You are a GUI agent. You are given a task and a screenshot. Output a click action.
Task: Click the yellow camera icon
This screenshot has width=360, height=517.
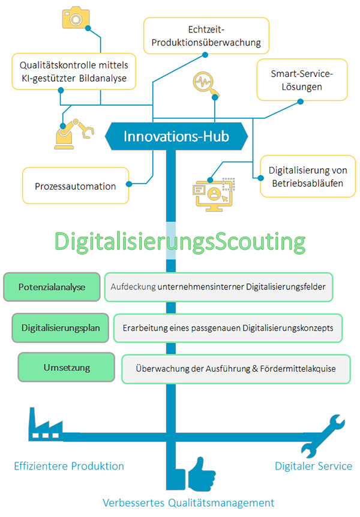point(76,17)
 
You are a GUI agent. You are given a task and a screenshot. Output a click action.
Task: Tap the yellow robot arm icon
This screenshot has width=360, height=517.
point(74,134)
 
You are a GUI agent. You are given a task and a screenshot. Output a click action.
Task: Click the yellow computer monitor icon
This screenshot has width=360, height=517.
point(214,195)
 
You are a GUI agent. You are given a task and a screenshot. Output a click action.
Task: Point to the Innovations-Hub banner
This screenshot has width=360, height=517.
point(176,136)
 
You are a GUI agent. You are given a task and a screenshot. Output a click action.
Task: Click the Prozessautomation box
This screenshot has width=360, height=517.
point(76,186)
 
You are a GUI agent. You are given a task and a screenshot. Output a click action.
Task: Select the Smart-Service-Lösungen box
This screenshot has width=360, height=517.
point(302,80)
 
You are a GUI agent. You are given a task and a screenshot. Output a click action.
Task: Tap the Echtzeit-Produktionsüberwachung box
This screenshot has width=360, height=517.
point(206,35)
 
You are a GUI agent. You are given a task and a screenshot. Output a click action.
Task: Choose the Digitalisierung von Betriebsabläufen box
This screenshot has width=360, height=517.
point(308,177)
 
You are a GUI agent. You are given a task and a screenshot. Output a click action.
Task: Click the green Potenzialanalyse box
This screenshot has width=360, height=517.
point(52,287)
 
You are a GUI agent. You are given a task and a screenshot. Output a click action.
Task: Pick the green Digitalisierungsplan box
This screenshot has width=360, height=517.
point(61,328)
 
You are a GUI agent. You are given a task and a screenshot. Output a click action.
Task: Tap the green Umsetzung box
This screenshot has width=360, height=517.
point(67,367)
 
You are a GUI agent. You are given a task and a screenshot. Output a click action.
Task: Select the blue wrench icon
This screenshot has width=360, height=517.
point(323,436)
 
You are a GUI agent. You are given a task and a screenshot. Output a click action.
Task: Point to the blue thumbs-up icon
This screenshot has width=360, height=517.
point(201,474)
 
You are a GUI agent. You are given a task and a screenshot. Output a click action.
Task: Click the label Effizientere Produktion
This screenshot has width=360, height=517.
point(69,466)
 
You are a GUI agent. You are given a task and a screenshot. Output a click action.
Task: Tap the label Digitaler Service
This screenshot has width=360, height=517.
point(314,466)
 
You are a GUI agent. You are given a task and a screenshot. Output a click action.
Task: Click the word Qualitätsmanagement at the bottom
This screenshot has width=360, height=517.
point(221,503)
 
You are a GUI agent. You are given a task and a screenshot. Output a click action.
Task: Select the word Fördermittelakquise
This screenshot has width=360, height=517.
point(298,369)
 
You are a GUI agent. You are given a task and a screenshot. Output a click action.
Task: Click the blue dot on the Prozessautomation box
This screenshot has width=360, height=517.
point(129,184)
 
